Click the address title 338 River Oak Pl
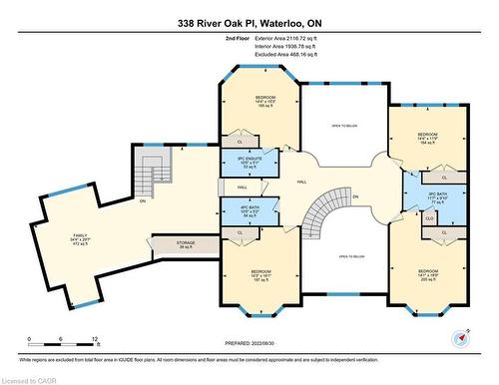249,22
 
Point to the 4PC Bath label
249,212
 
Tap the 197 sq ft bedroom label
260,275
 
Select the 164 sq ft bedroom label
427,137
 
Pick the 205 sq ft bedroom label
428,274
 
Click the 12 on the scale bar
95,339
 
